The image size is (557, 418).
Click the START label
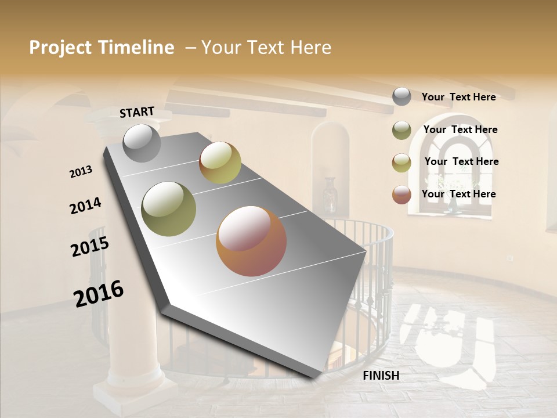[x=137, y=112]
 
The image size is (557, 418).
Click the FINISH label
[x=381, y=376]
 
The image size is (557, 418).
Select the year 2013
[x=81, y=172]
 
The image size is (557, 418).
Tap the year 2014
[x=86, y=206]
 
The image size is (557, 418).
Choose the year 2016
[x=99, y=294]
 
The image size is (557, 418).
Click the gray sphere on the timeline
[x=142, y=143]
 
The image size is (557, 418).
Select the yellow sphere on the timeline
[x=220, y=163]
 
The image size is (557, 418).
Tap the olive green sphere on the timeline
[x=169, y=209]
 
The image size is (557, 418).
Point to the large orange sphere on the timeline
[x=251, y=241]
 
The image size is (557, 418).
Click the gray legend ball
[x=402, y=96]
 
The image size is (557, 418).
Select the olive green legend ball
[x=402, y=130]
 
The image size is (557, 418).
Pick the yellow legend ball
[x=402, y=163]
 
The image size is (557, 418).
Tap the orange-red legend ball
[x=402, y=194]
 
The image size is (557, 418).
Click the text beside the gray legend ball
[x=458, y=97]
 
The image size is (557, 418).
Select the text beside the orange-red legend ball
[x=458, y=194]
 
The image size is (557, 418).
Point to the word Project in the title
[x=60, y=48]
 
